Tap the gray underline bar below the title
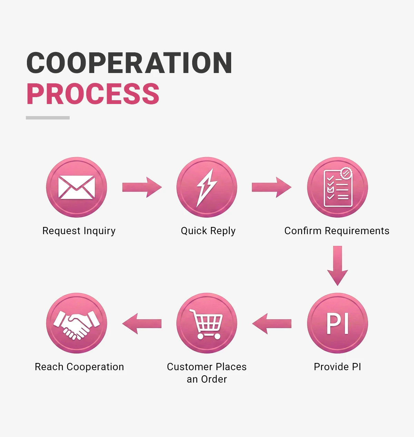[x=48, y=117]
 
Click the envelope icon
[x=76, y=187]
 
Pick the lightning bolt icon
[x=206, y=188]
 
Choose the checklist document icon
[x=338, y=187]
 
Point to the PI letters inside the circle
[x=337, y=323]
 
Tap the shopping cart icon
[x=206, y=324]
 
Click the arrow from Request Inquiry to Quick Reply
[x=142, y=187]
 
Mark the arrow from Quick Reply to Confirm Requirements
[x=272, y=187]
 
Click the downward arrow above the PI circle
[x=337, y=266]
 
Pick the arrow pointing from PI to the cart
[x=272, y=323]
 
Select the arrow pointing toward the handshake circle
[x=142, y=323]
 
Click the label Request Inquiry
[x=79, y=231]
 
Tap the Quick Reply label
[x=208, y=231]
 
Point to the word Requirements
[x=357, y=231]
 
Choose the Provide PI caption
[x=337, y=367]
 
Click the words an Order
[x=207, y=379]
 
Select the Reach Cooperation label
[x=79, y=367]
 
